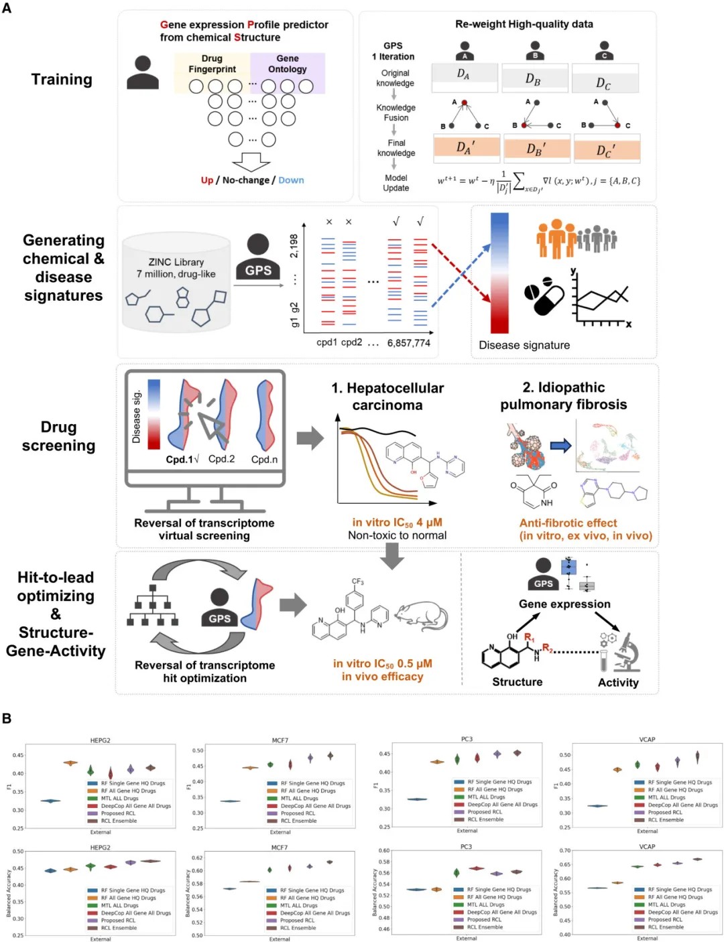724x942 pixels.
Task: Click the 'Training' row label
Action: [62, 80]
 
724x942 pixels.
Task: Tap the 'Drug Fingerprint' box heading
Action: [212, 64]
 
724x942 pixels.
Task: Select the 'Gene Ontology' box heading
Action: [287, 64]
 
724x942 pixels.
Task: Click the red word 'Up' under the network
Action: [207, 180]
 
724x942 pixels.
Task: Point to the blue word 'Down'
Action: [291, 180]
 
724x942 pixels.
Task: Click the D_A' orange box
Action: [466, 147]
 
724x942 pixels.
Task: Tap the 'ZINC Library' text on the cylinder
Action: [176, 262]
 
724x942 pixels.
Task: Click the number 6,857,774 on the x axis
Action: [408, 343]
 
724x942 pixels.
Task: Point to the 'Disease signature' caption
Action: [524, 345]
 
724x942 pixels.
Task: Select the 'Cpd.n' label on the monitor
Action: [264, 460]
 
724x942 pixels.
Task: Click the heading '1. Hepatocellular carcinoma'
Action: [387, 397]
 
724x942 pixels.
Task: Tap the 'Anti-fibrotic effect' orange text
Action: [568, 523]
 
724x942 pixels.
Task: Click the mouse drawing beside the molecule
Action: [420, 616]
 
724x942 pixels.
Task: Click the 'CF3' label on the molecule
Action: [357, 582]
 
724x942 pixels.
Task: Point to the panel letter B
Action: [7, 718]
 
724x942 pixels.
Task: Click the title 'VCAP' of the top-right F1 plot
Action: [647, 740]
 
